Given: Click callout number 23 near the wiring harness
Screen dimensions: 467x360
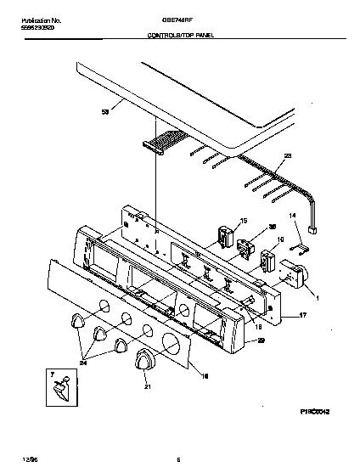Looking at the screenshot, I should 287,155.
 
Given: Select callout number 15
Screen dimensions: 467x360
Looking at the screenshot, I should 244,220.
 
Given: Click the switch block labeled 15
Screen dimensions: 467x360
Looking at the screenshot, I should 226,233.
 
